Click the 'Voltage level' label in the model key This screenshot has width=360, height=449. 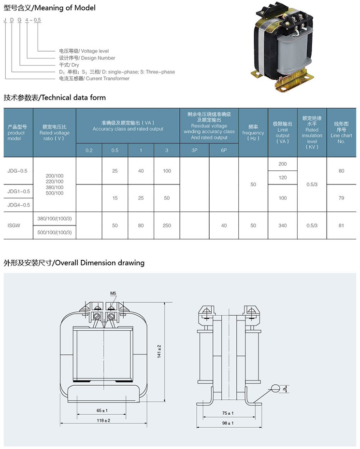[x=84, y=51]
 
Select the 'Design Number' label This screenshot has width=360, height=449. [x=87, y=58]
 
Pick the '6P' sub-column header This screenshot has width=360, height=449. [x=224, y=150]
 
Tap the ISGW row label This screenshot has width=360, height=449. [x=14, y=225]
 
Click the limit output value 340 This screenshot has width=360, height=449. [x=283, y=225]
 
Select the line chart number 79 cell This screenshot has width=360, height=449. [x=342, y=198]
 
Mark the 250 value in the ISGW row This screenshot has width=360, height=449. [x=167, y=225]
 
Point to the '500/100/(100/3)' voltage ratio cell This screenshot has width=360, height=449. [x=54, y=232]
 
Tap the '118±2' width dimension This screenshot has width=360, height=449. [x=103, y=421]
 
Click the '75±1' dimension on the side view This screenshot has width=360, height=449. [x=228, y=413]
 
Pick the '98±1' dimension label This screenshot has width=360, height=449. [x=227, y=423]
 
